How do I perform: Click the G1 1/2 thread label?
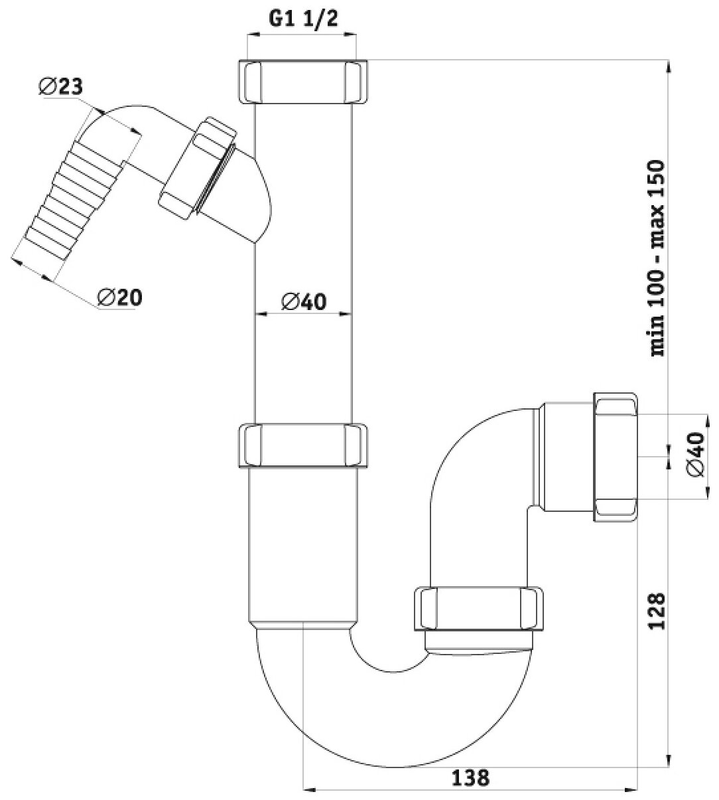(302, 19)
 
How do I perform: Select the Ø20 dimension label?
(119, 297)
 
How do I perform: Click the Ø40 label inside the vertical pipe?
(304, 301)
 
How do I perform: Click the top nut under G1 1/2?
(303, 81)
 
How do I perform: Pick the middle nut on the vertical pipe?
(303, 446)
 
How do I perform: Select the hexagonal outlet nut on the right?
(616, 456)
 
